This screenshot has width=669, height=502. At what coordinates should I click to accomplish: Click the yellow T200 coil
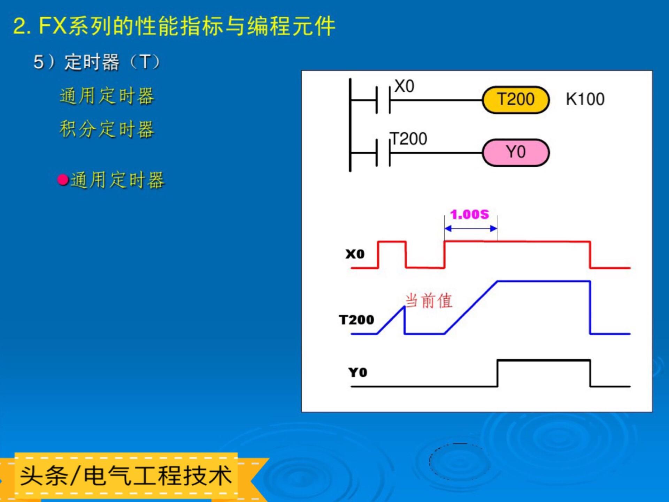point(516,100)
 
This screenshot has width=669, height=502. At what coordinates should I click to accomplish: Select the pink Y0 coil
point(516,152)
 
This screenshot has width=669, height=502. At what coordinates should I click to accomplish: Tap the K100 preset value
point(585,99)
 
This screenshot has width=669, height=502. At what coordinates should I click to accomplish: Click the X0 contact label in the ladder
point(404,86)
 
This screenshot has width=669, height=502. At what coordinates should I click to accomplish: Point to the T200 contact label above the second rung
point(408,139)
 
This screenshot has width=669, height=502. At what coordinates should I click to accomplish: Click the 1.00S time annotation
point(470,214)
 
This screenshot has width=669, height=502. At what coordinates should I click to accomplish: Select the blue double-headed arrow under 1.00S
point(471,229)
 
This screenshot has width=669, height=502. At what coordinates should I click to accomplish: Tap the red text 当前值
point(429,301)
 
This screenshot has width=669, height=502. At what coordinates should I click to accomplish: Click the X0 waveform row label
point(355,254)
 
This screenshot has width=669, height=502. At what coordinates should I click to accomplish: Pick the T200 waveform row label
point(356,320)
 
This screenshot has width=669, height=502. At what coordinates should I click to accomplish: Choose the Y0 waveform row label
point(357,372)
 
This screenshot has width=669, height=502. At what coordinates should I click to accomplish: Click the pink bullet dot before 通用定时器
point(63,180)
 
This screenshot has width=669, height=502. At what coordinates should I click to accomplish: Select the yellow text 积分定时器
point(107,129)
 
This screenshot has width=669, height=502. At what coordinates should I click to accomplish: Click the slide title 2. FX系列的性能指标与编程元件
point(174,26)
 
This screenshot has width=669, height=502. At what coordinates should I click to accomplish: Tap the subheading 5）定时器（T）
point(97,62)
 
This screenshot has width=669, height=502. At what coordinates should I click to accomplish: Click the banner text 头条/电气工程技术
point(125,476)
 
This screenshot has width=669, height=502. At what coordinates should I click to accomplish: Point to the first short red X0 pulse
point(392,242)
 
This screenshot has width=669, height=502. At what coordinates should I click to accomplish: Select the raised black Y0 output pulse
point(544,360)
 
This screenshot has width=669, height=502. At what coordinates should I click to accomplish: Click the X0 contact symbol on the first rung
point(383,100)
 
